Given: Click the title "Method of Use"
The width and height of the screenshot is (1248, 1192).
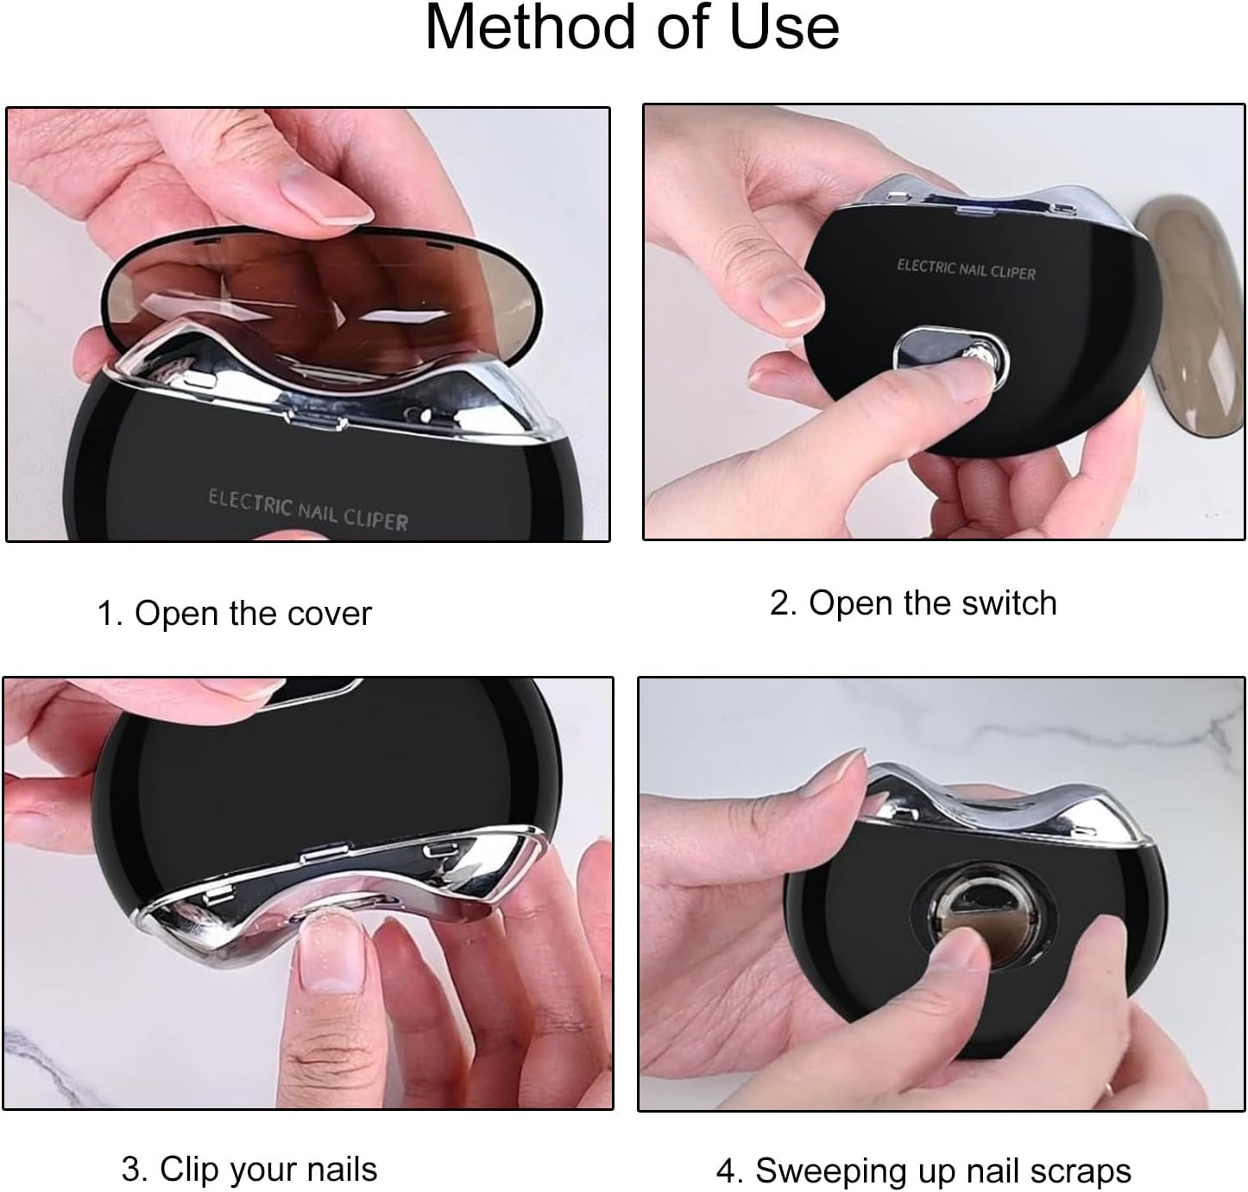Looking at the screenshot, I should [632, 28].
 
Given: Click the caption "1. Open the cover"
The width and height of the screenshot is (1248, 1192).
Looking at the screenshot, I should [234, 614].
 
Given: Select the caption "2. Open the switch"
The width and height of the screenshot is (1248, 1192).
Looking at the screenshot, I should [912, 602].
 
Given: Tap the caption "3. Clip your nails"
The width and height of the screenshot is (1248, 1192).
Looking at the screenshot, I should [249, 1169].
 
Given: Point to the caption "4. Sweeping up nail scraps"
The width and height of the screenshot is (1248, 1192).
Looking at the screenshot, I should [923, 1170].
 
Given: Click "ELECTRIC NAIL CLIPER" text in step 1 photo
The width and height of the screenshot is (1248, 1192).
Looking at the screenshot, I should [307, 509].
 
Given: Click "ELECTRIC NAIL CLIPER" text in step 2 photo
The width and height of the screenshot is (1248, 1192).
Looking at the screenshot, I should [965, 269].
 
